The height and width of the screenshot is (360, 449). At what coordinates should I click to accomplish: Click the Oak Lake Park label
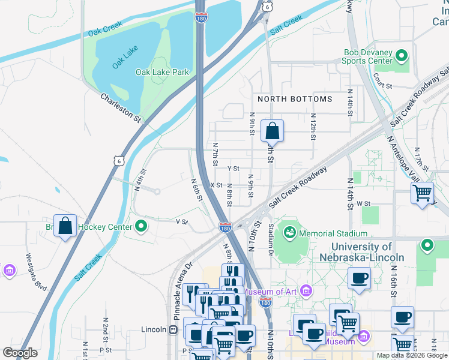[162, 72]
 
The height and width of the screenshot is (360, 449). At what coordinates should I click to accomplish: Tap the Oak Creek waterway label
[105, 28]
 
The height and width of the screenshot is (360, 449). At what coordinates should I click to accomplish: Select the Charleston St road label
[120, 107]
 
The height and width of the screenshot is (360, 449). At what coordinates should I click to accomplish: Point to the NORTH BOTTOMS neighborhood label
[294, 99]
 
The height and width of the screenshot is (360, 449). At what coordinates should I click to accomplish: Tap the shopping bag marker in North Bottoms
[272, 130]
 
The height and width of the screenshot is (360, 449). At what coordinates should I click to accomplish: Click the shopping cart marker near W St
[423, 193]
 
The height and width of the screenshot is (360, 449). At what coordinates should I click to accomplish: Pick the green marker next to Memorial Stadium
[289, 231]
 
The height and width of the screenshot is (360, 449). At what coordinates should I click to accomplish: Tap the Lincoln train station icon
[173, 329]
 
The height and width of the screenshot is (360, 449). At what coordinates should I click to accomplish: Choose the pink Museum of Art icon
[307, 292]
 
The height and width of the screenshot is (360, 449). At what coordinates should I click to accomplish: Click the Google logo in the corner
[20, 353]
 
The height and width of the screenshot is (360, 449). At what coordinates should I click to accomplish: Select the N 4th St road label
[140, 180]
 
